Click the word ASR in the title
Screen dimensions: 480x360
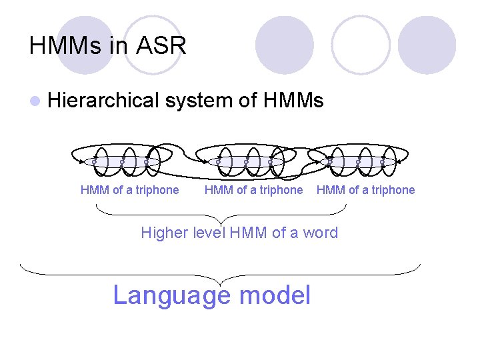(162, 46)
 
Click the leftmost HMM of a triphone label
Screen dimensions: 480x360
(129, 190)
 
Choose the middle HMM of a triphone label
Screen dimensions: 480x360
(253, 190)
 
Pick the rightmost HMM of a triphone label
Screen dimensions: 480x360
(365, 190)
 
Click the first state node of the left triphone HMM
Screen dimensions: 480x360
(94, 162)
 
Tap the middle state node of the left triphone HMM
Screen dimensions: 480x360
(121, 162)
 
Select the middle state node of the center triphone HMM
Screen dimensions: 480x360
(245, 162)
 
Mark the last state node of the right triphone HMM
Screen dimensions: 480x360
(382, 162)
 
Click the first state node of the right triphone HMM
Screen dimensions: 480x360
(330, 162)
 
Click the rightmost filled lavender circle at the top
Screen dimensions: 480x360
(427, 45)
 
